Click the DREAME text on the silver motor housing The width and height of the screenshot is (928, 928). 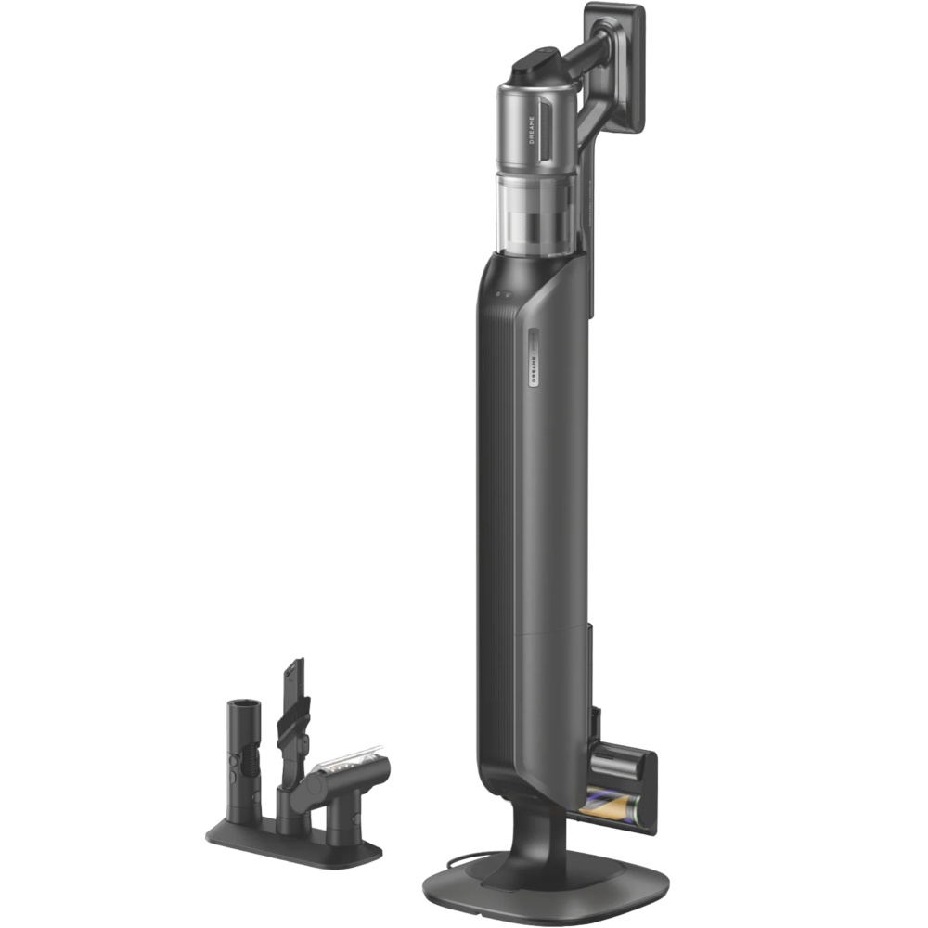531,130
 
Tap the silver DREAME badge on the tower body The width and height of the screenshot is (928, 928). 534,357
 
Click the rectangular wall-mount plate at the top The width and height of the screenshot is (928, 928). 615,68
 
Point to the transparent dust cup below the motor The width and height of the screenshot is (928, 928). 536,213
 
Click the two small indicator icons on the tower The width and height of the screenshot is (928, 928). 503,293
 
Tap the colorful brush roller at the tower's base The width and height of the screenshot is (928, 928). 611,808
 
